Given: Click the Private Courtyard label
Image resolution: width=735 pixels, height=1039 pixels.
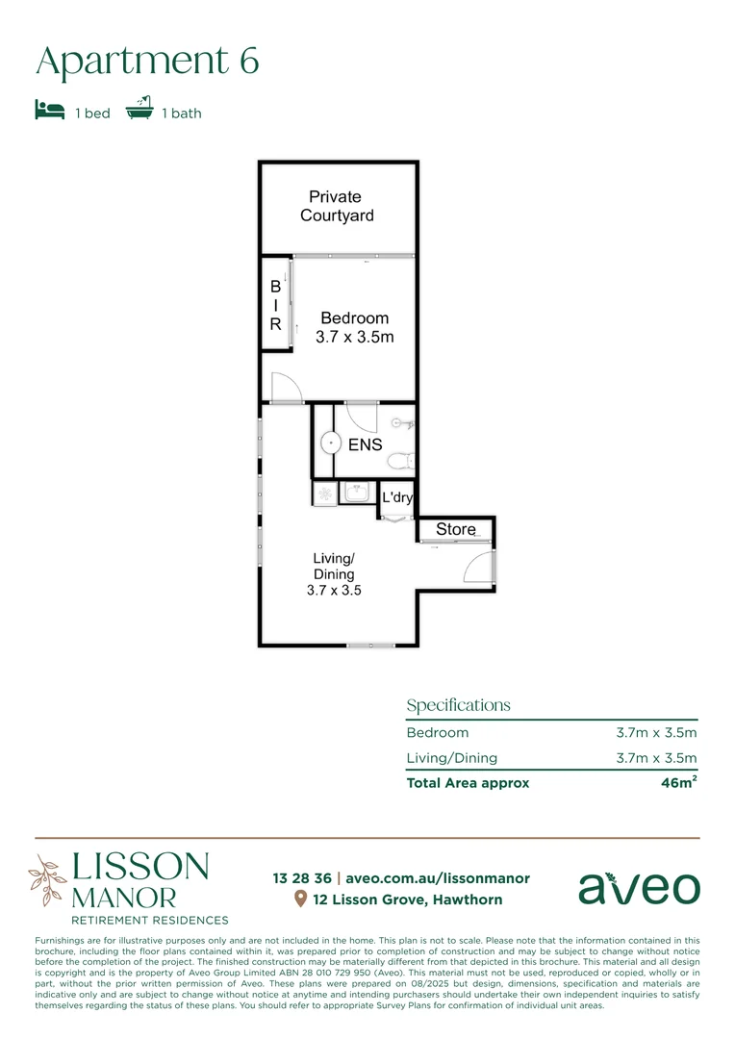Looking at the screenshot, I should (x=337, y=206).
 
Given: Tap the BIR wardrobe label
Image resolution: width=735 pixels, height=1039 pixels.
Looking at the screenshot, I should (x=275, y=305).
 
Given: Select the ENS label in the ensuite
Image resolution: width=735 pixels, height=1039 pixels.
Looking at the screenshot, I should (x=366, y=444).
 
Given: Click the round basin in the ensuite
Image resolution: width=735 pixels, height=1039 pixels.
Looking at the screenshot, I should (x=330, y=443).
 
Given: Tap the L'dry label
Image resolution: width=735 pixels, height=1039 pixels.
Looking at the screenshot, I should (x=397, y=497).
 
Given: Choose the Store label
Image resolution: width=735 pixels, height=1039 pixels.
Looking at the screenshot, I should (x=455, y=529).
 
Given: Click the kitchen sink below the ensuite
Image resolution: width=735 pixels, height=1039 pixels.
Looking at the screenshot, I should (x=358, y=493).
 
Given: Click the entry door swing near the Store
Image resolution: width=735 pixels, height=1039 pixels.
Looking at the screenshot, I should (x=478, y=569).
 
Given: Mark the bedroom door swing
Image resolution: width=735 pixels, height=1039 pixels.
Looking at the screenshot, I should (x=286, y=388).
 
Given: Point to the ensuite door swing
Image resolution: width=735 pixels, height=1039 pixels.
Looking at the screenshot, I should (x=362, y=416).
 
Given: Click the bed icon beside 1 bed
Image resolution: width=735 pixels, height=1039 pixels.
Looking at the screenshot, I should (x=49, y=110).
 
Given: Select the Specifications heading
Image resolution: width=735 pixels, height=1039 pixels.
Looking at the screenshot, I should (x=458, y=705).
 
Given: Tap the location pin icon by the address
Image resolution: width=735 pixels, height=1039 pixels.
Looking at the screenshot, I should (x=300, y=900).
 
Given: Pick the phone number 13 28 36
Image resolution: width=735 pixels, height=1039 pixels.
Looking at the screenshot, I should (x=302, y=878).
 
